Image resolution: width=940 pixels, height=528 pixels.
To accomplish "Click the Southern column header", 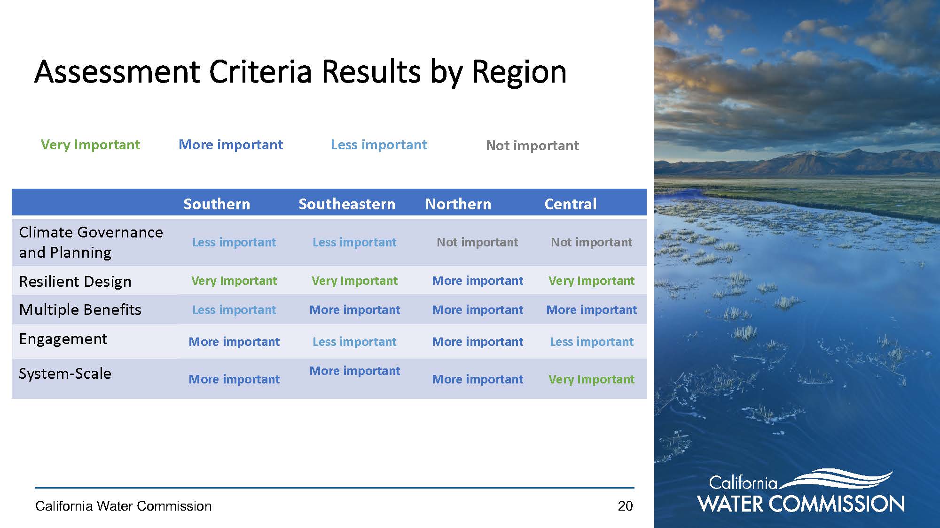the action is [217, 204].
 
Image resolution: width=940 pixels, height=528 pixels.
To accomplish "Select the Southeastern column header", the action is [347, 204].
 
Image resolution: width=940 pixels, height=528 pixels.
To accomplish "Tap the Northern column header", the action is [458, 204].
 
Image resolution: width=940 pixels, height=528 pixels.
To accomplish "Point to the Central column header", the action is [571, 204].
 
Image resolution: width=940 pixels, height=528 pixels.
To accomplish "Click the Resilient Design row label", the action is [75, 282].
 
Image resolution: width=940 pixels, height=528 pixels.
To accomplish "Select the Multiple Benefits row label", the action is [80, 310].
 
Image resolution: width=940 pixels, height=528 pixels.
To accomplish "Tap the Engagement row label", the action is [63, 339].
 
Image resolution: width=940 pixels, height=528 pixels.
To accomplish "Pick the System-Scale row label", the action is [65, 374].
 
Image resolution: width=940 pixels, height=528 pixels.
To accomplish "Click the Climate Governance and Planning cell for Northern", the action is [477, 242].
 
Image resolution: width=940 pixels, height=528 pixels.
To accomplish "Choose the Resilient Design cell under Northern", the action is [478, 281].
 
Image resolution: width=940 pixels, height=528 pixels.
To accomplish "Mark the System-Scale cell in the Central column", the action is [591, 379].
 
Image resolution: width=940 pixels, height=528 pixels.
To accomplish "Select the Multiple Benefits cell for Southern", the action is [234, 310].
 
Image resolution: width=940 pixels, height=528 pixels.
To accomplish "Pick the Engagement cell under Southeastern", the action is [354, 342].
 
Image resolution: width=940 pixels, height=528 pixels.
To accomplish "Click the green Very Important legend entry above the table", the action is [90, 145].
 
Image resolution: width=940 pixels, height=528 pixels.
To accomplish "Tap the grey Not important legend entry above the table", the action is [533, 145].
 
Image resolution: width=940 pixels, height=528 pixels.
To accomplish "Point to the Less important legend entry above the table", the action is [379, 145].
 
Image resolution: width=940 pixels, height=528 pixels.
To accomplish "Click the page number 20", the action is [625, 506].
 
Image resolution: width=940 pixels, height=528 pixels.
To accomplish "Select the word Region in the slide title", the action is [519, 73].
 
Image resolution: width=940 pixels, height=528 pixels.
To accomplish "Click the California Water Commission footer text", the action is [123, 506].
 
